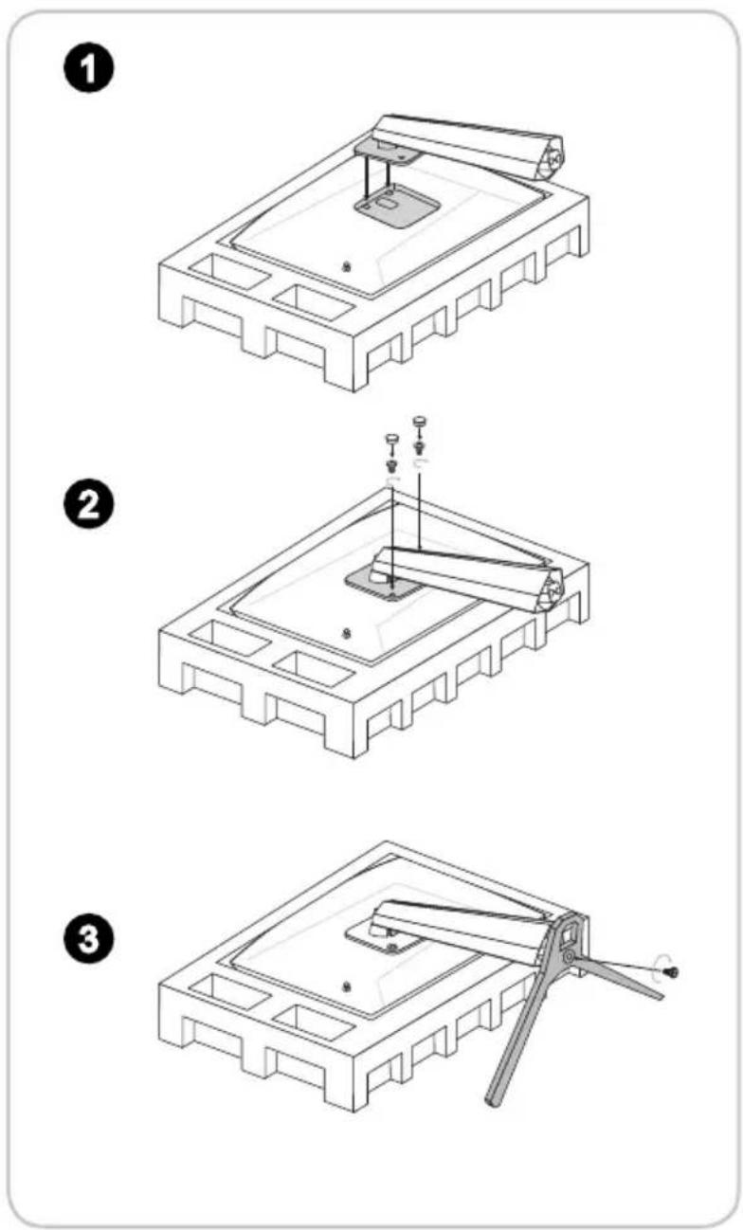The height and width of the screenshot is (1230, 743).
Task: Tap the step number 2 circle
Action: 88,505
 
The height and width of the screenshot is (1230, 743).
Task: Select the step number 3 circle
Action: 88,938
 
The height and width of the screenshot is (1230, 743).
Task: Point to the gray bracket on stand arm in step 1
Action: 388,150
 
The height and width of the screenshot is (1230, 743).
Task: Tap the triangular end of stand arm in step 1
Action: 551,159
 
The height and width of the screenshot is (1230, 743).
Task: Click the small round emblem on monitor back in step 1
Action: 346,267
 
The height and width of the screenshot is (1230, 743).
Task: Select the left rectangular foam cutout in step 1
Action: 229,272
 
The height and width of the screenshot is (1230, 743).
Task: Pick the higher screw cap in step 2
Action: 420,421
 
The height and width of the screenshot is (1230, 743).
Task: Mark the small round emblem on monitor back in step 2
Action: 346,633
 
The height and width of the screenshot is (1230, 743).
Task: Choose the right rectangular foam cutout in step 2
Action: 314,669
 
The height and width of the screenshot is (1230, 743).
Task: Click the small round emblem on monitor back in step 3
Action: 346,986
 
